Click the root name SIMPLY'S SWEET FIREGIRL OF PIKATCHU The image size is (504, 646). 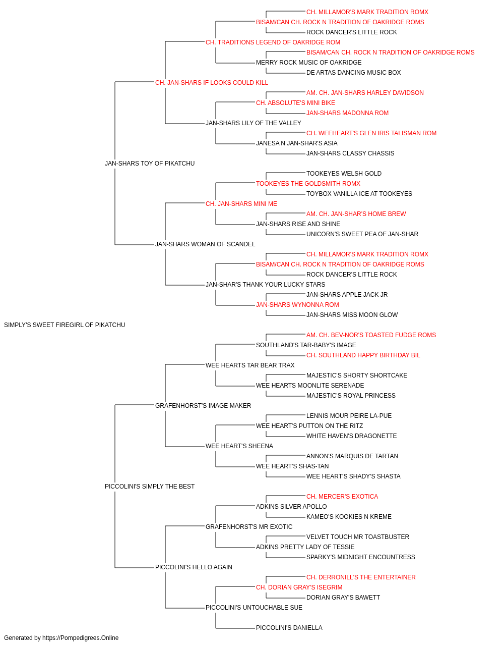65,325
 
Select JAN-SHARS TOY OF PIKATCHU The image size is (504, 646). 150,164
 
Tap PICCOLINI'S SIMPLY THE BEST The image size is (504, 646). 150,487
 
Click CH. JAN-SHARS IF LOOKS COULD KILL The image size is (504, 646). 212,83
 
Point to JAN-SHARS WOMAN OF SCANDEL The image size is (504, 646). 205,244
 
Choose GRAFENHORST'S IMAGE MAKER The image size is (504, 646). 203,405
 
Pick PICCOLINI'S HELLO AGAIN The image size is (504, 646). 194,567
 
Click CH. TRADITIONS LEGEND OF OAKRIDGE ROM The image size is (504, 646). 273,42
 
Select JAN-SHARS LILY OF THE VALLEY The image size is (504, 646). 253,123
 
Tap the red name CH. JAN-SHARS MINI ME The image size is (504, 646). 241,203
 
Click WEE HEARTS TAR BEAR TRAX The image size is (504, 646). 250,365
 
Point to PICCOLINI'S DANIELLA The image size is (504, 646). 289,627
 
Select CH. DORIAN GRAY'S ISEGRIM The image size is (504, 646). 299,587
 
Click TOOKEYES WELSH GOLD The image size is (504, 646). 344,173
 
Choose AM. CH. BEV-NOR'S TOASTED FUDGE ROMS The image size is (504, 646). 371,335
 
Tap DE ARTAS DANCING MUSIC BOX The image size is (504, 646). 353,73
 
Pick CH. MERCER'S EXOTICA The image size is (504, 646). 342,497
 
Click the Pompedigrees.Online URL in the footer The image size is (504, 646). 81,638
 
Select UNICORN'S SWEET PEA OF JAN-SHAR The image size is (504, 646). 362,234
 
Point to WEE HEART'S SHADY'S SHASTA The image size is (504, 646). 353,476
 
